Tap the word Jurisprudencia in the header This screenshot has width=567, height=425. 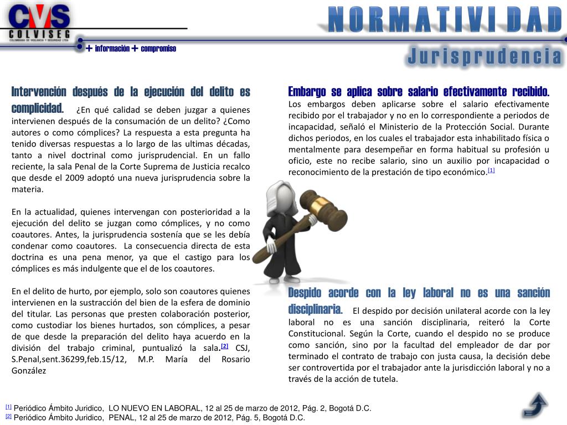(x=484, y=56)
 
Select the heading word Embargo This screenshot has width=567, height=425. (x=307, y=91)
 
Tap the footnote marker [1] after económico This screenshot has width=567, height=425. (x=491, y=170)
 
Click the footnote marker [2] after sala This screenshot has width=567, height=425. (x=224, y=346)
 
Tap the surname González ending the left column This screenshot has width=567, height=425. (x=29, y=371)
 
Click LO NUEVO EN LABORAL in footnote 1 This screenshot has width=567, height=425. (x=156, y=408)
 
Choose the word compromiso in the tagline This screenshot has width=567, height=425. (x=158, y=49)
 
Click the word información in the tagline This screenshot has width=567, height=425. (x=112, y=49)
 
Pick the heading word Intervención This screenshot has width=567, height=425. (x=39, y=91)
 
